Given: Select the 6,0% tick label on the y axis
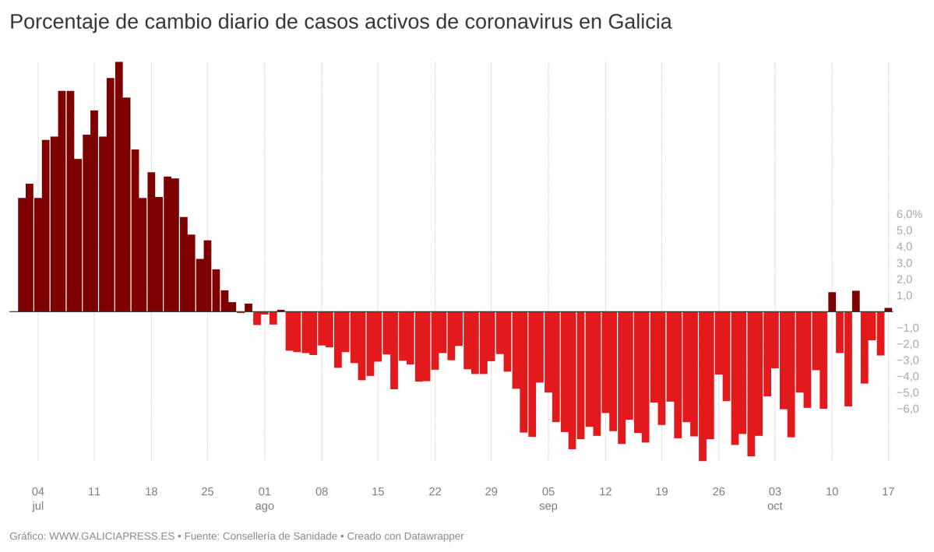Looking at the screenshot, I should (909, 214).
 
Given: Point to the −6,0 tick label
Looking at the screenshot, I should (908, 409).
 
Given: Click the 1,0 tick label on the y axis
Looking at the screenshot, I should (904, 295).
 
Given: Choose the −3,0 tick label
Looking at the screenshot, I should (908, 360).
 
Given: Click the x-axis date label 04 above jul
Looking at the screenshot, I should (37, 491).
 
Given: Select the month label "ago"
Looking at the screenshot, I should (265, 506).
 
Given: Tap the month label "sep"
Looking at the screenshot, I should (548, 506).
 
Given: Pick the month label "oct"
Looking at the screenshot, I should (774, 506).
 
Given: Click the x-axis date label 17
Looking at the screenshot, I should (888, 491).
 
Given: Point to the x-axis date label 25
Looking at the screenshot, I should (207, 491).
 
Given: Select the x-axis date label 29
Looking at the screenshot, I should (491, 491).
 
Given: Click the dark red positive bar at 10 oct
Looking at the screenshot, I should (832, 302).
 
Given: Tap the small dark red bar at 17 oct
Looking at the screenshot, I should (888, 310).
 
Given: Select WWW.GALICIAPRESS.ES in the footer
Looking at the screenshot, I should (112, 536).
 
